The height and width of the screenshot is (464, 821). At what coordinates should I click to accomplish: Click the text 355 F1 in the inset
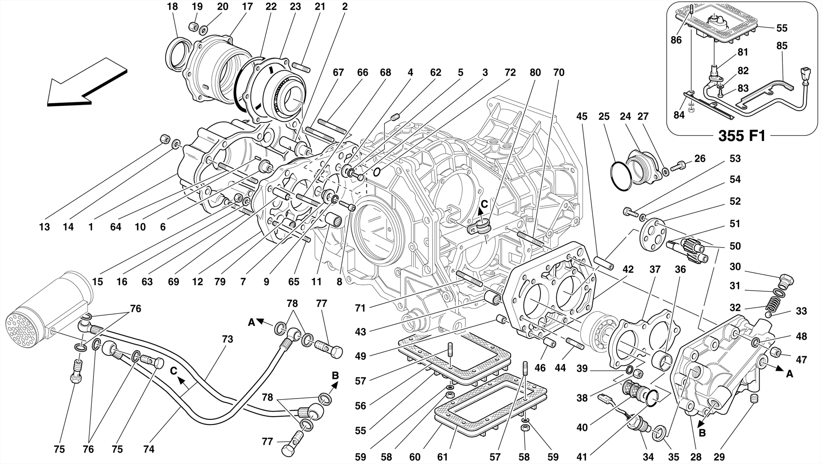pos(742,136)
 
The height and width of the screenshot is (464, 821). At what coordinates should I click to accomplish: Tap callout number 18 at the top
pos(172,6)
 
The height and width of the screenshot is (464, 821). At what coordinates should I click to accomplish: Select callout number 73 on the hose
pos(227,339)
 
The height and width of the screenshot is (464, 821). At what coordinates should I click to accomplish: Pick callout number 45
pos(582,117)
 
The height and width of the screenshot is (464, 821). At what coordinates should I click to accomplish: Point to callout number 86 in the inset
pos(676,40)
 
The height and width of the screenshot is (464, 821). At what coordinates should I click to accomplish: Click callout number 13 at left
pos(44,227)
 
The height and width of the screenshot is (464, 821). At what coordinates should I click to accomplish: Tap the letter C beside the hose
pos(173,371)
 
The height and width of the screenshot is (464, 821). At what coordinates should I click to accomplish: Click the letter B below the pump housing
pos(702,433)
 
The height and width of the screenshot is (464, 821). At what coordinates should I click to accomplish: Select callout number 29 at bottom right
pos(720,457)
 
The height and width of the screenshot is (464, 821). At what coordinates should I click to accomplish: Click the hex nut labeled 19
pos(192,26)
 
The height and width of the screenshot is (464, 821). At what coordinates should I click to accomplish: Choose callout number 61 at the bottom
pos(442,457)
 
